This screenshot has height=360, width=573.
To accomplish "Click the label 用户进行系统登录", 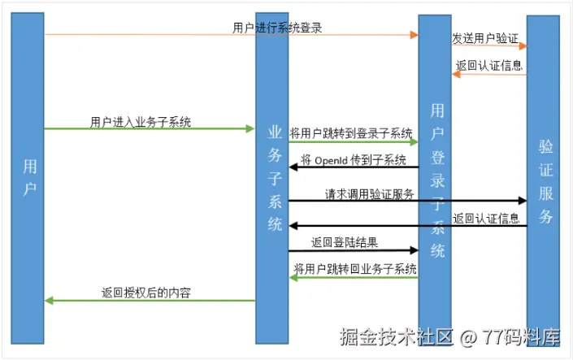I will point(277,28).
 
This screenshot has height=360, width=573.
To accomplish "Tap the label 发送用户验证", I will point(484,37).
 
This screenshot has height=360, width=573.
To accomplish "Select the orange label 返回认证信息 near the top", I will point(488,66).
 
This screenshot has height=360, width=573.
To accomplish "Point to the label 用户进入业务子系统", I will point(141,122).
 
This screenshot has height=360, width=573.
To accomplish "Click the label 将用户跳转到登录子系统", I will point(351,134).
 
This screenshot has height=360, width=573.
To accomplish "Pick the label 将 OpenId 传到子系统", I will point(354,160).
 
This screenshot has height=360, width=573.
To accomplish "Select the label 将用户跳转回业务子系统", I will point(355,269).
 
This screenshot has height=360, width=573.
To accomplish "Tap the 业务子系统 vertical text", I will point(275,178).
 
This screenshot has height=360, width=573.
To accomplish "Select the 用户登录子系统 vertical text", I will point(437,180).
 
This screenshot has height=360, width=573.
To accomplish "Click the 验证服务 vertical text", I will point(545,181).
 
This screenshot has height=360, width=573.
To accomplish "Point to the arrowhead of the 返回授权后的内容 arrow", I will point(49,301).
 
